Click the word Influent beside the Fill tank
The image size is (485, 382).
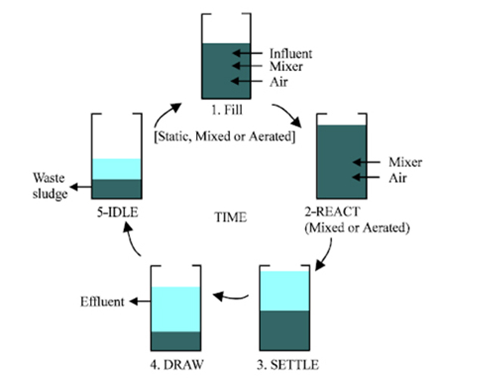click(x=291, y=53)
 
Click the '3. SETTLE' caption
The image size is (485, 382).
click(x=288, y=365)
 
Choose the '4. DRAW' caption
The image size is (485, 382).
click(x=176, y=365)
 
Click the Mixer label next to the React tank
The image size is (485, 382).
click(x=405, y=162)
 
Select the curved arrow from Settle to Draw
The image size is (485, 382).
click(x=232, y=296)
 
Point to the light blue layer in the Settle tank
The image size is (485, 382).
click(x=285, y=290)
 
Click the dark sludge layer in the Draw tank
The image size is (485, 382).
click(x=176, y=341)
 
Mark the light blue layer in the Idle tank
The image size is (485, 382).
click(x=117, y=169)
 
